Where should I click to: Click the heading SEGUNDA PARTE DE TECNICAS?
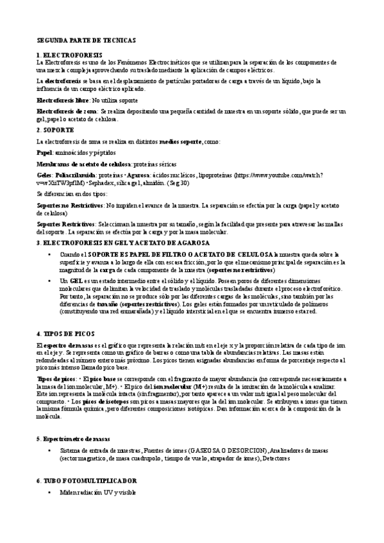(x=87, y=40)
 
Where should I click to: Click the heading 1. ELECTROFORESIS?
(x=69, y=56)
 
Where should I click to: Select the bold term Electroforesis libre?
(x=63, y=101)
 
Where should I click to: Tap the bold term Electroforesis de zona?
(x=66, y=111)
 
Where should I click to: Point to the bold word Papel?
(x=44, y=153)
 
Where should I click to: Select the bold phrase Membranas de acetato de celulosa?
(x=79, y=164)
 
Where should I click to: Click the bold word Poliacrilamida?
(x=80, y=174)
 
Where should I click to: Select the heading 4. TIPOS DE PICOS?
(x=65, y=334)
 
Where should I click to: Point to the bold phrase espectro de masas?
(x=67, y=346)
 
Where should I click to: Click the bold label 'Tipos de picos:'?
(x=58, y=380)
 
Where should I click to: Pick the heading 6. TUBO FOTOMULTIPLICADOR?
(x=87, y=480)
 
